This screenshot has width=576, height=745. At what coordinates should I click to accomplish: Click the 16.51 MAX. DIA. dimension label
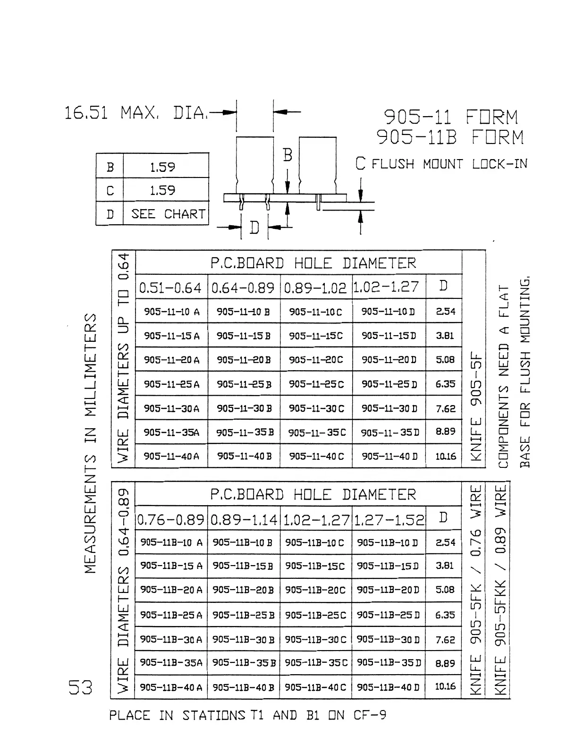[136, 113]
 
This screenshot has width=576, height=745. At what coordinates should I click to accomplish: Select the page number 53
[80, 688]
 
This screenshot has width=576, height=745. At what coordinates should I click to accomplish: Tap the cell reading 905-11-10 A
[171, 312]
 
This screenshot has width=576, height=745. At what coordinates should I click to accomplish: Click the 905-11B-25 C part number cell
[315, 615]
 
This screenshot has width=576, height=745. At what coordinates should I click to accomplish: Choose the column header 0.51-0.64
[170, 287]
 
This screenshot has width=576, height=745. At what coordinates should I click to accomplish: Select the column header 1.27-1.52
[389, 519]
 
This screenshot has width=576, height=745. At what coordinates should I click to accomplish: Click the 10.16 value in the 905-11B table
[445, 686]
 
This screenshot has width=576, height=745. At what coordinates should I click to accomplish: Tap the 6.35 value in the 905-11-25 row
[445, 384]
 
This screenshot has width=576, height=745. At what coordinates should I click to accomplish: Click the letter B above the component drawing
[288, 155]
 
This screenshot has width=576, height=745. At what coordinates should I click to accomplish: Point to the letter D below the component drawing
[254, 228]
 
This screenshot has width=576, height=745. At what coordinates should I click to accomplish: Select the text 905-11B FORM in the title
[450, 137]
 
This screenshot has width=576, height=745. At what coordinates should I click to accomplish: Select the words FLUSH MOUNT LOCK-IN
[449, 164]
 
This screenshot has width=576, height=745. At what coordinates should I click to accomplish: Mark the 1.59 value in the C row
[162, 190]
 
